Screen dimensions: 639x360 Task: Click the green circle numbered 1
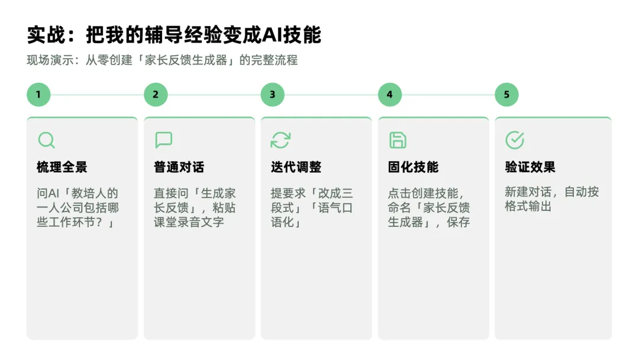[38, 95]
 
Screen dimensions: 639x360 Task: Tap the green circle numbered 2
[156, 95]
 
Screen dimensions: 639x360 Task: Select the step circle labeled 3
[273, 95]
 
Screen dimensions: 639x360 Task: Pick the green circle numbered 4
[390, 95]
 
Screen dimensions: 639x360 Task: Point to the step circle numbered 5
[506, 95]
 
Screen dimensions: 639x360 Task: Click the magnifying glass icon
[46, 140]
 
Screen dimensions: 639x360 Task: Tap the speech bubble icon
[164, 140]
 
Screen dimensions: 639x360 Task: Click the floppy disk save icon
[398, 140]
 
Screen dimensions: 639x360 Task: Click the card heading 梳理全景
[62, 167]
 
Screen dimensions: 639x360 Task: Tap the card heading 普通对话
[179, 167]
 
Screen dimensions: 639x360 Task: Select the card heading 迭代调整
[296, 167]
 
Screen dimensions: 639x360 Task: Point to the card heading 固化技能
[413, 167]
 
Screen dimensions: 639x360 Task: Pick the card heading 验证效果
[530, 167]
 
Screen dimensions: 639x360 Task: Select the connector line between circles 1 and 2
[97, 95]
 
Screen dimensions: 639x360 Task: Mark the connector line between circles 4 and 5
[448, 95]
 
